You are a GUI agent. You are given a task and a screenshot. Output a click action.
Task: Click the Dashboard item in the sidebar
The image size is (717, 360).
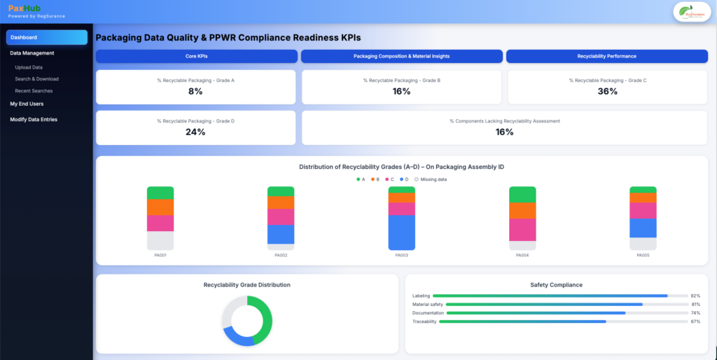click(46, 37)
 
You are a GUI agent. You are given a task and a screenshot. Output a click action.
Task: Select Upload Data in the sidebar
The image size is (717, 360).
click(29, 67)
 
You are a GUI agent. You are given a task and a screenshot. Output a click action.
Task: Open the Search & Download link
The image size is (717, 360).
click(36, 79)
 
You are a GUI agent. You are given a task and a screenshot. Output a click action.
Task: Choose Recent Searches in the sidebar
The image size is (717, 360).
click(34, 91)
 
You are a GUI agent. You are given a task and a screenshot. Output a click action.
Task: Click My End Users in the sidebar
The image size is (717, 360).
click(27, 104)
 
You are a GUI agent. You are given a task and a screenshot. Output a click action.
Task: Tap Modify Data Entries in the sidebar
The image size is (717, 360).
click(34, 120)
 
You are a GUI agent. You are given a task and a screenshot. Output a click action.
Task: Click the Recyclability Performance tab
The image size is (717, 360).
click(606, 56)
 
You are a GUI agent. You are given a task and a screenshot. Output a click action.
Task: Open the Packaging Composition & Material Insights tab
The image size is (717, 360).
click(401, 56)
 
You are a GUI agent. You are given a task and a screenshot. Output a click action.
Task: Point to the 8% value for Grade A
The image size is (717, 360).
click(195, 92)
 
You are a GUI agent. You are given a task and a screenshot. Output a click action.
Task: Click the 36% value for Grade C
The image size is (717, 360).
click(607, 92)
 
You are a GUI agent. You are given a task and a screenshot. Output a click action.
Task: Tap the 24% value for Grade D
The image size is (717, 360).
click(195, 132)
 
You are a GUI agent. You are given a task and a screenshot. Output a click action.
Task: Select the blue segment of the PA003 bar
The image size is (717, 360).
click(402, 233)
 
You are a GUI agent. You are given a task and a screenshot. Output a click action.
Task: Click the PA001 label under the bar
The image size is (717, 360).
click(160, 255)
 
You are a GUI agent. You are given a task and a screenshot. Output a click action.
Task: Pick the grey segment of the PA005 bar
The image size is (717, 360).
click(643, 244)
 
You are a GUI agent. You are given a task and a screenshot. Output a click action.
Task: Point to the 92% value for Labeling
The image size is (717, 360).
click(695, 296)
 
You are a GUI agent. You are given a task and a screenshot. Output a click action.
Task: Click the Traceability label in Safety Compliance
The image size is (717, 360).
click(424, 321)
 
